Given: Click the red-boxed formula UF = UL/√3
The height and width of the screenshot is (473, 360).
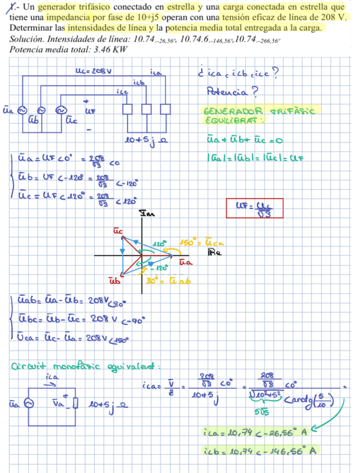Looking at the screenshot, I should click(255, 209).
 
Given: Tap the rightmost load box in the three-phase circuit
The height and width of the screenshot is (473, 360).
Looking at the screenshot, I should click(165, 109).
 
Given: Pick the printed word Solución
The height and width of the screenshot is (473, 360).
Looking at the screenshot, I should click(27, 39).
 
